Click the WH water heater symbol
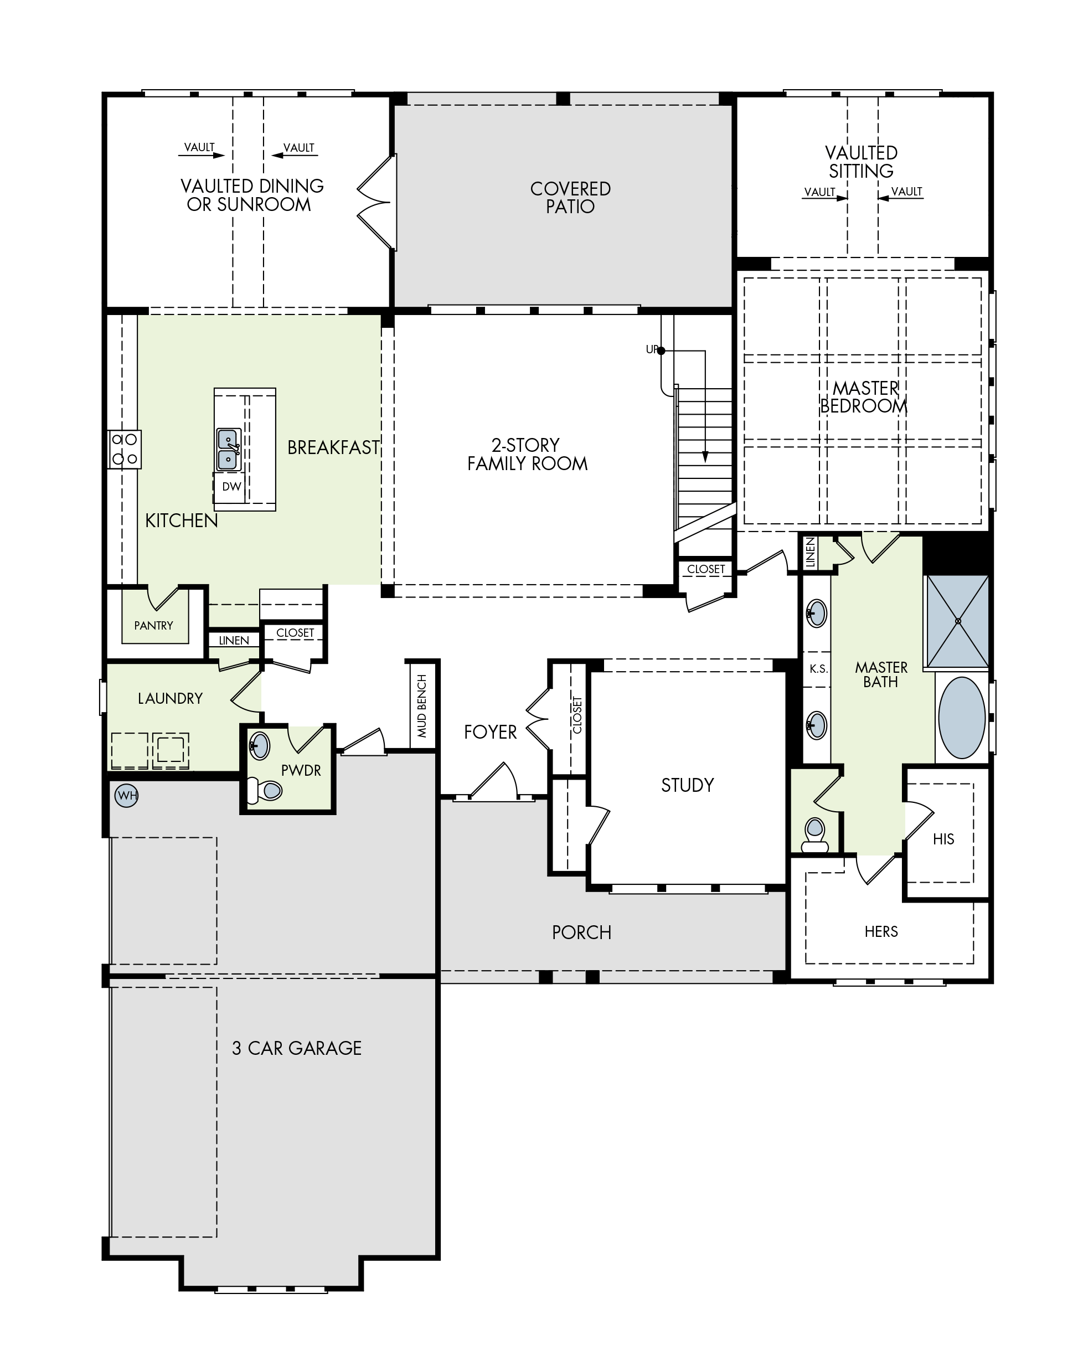coord(127,795)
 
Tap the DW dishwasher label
coord(231,487)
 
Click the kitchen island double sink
coord(228,450)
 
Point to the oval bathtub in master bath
coord(961,717)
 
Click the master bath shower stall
coord(957,621)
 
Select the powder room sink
coord(259,745)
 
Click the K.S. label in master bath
coord(818,668)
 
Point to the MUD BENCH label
coord(422,706)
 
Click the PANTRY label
coord(153,625)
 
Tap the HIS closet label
coord(943,839)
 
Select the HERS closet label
coord(881,931)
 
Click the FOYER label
coord(490,733)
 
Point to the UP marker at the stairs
coord(652,349)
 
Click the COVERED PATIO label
coord(570,197)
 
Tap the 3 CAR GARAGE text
coord(297,1048)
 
